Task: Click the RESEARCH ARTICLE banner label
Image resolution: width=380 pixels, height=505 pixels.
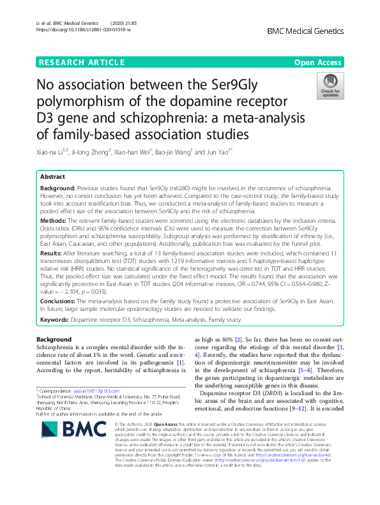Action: (82, 63)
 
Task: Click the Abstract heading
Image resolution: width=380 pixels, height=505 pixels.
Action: (52, 176)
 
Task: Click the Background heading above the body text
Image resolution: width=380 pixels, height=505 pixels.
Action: (54, 339)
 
